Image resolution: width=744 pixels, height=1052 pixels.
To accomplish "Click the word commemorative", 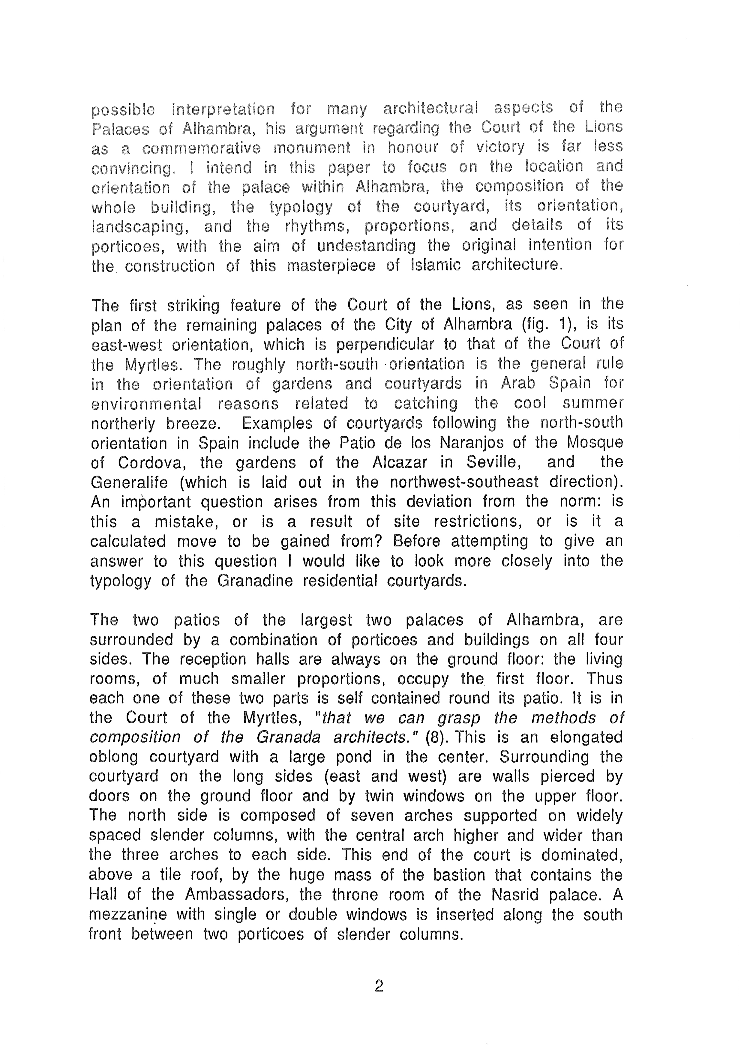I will (201, 148).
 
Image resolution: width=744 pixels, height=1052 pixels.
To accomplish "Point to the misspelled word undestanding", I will (366, 246).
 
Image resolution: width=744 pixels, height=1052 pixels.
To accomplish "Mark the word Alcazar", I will (399, 462).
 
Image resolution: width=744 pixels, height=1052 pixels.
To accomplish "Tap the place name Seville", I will (493, 462).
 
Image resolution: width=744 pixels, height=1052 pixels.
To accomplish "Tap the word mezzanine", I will (127, 915).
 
